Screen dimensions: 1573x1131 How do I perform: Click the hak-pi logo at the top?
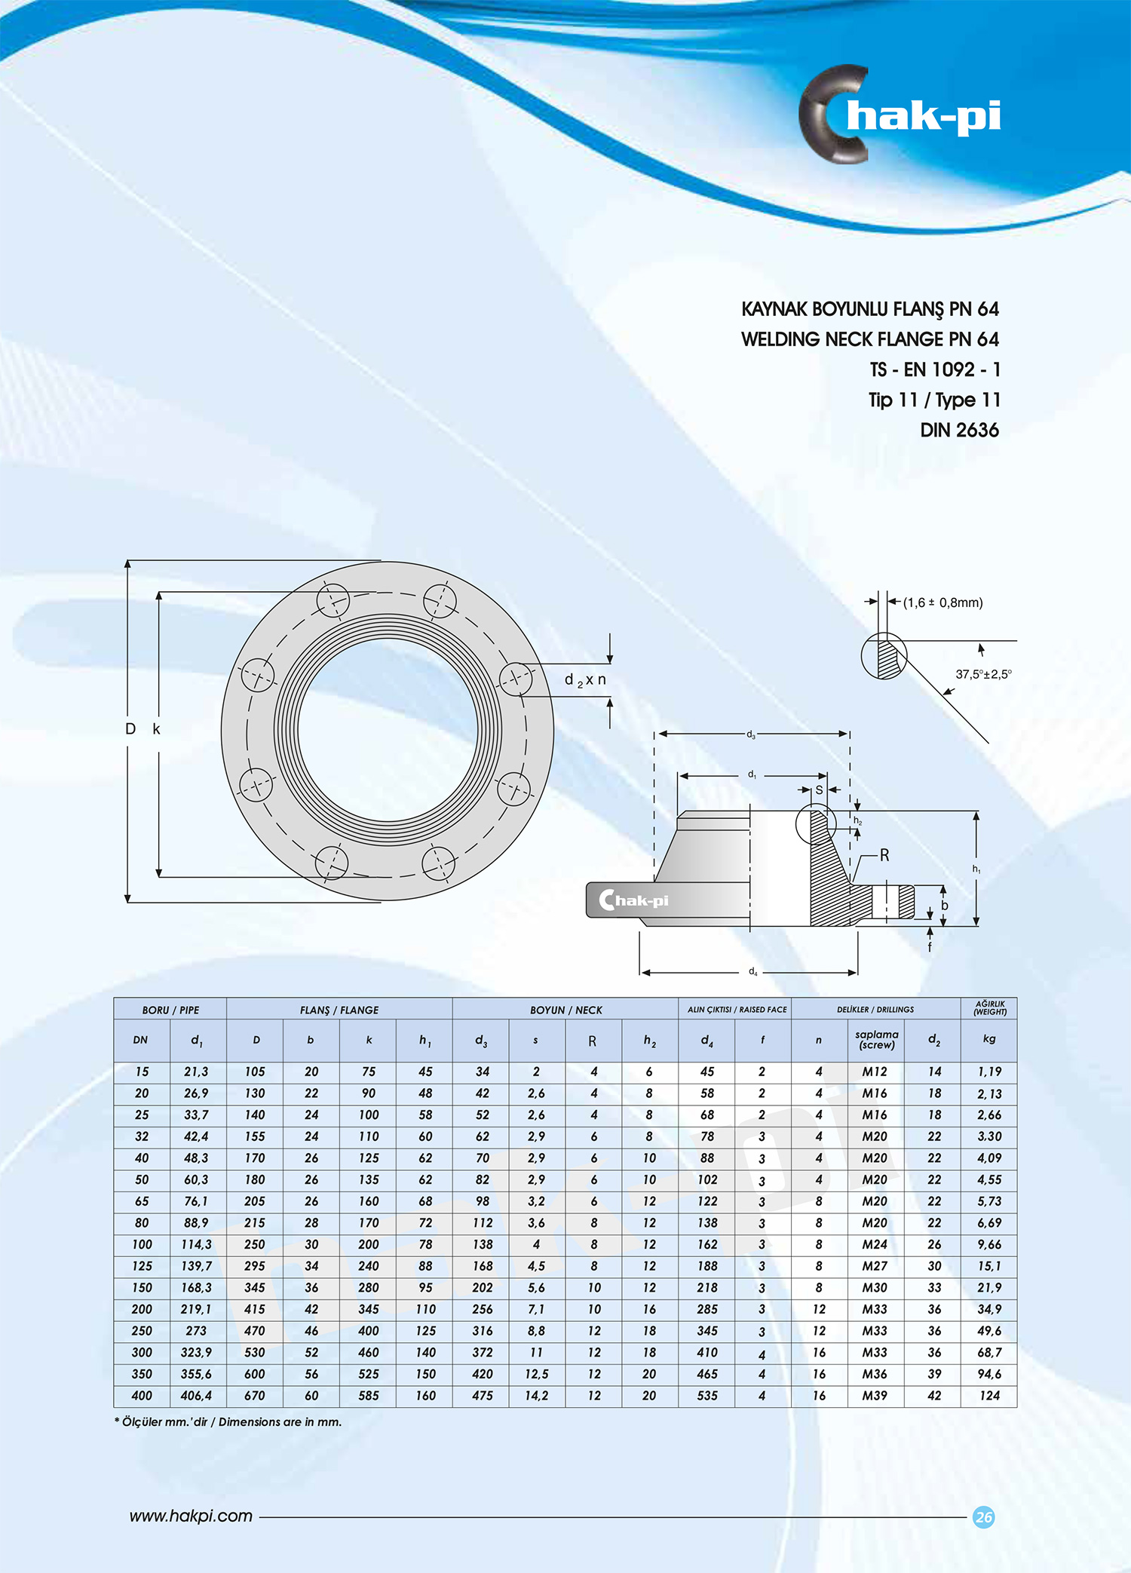coord(901,115)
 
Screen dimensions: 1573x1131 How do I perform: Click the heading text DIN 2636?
coord(959,430)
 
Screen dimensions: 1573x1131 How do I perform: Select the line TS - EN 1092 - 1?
coord(935,369)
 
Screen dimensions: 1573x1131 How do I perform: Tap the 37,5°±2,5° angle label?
coord(982,674)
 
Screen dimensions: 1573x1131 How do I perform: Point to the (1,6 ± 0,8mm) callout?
coord(942,603)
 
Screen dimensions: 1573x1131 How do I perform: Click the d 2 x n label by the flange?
coord(585,680)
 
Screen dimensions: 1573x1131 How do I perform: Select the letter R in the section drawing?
coord(884,855)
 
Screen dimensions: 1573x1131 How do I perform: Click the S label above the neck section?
coord(819,790)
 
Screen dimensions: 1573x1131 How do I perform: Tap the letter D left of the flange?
coord(130,729)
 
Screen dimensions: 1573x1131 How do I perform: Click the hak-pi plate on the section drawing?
coord(633,900)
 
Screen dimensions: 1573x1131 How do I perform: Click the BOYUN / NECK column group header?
coord(565,1010)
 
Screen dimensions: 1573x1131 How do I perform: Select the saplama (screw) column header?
coord(876,1040)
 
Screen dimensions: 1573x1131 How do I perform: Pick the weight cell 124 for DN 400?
coord(989,1396)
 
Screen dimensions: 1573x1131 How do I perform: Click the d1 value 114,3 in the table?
coord(196,1244)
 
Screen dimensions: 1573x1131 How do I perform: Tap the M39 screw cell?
coord(875,1396)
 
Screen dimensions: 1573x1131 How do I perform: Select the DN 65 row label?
coord(142,1201)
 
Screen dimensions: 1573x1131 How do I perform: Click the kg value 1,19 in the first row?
coord(989,1072)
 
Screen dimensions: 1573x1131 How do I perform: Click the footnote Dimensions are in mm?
coord(228,1422)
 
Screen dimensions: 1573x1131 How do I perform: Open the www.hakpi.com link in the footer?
coord(191,1516)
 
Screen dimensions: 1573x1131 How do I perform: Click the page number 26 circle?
coord(983,1517)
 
